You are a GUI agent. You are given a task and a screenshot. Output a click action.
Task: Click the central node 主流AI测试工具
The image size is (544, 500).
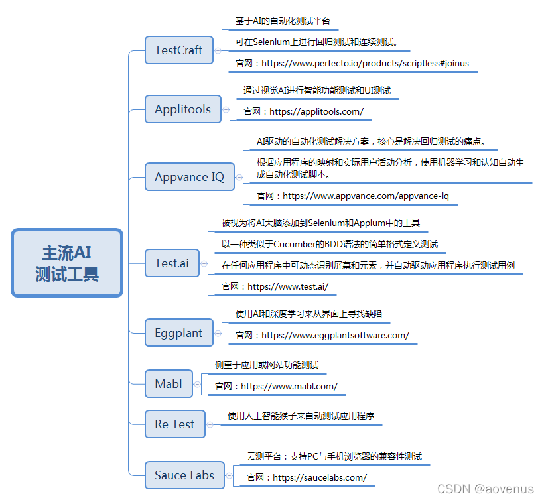click(x=67, y=263)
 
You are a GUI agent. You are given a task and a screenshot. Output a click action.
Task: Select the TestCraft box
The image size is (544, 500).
click(x=178, y=50)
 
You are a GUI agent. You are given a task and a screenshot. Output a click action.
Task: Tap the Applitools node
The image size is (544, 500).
click(x=182, y=109)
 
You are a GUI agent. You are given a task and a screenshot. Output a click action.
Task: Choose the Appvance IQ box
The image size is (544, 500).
click(x=189, y=177)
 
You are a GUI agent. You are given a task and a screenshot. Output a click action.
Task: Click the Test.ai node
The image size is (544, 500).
click(x=172, y=263)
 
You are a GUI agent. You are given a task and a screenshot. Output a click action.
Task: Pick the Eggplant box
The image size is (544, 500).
click(x=178, y=332)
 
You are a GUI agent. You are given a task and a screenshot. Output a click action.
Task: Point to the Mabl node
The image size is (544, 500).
click(x=169, y=383)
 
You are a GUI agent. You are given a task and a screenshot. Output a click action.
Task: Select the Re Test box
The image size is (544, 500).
click(x=174, y=424)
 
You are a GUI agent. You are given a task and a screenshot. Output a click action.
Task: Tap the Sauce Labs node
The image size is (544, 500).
click(x=184, y=475)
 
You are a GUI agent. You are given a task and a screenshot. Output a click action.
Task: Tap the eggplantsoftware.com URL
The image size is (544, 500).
click(x=335, y=335)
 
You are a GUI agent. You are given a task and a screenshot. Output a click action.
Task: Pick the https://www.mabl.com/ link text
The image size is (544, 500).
click(x=289, y=385)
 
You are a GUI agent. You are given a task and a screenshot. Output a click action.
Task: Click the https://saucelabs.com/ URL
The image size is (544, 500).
click(x=319, y=477)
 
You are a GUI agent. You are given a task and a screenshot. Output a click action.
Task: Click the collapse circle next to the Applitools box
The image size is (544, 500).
click(x=226, y=109)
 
